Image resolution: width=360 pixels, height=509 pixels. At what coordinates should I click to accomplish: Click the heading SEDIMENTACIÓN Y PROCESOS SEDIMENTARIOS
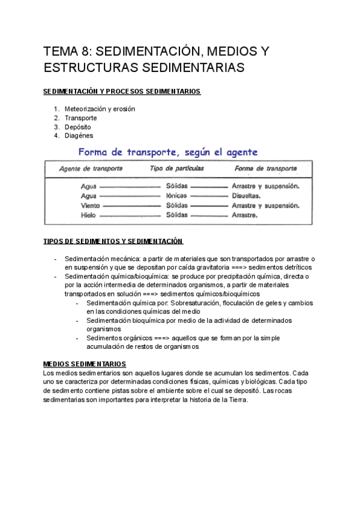pyautogui.click(x=122, y=91)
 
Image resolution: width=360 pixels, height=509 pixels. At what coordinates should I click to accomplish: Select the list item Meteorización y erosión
pyautogui.click(x=100, y=109)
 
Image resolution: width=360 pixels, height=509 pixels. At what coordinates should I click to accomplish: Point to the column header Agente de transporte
pyautogui.click(x=91, y=169)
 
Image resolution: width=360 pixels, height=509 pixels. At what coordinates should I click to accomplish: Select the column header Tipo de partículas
pyautogui.click(x=177, y=169)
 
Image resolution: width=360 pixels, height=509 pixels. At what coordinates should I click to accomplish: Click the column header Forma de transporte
pyautogui.click(x=266, y=169)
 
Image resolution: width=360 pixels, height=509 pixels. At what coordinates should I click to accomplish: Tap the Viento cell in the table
pyautogui.click(x=90, y=205)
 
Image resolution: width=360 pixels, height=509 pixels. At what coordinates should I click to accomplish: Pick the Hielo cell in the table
pyautogui.click(x=89, y=215)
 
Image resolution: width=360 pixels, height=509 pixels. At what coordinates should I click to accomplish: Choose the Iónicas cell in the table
pyautogui.click(x=176, y=196)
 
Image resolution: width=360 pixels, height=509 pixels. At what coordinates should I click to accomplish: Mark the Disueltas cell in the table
pyautogui.click(x=246, y=196)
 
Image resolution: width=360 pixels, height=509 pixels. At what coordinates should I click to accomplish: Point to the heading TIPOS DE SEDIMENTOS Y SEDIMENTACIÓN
pyautogui.click(x=113, y=241)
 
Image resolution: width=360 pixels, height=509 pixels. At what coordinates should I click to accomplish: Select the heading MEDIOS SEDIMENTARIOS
pyautogui.click(x=85, y=364)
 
